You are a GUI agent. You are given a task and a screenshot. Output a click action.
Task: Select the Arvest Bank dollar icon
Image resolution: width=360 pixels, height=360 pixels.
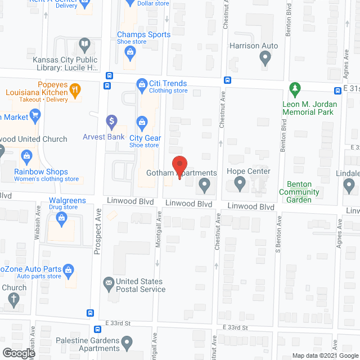pos(111,120)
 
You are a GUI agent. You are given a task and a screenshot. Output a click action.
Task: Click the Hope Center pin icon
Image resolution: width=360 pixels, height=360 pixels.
pos(240,183)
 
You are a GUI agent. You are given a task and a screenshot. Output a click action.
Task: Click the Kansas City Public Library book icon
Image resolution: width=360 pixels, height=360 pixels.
pos(84,43)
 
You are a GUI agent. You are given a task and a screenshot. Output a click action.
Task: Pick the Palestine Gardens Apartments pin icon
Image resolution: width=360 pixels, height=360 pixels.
pos(128,341)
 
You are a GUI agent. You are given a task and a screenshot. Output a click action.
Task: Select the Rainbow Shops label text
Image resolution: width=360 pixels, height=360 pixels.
pos(42,172)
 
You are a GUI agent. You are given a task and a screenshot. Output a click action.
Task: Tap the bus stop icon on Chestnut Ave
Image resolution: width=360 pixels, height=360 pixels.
pos(227,80)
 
